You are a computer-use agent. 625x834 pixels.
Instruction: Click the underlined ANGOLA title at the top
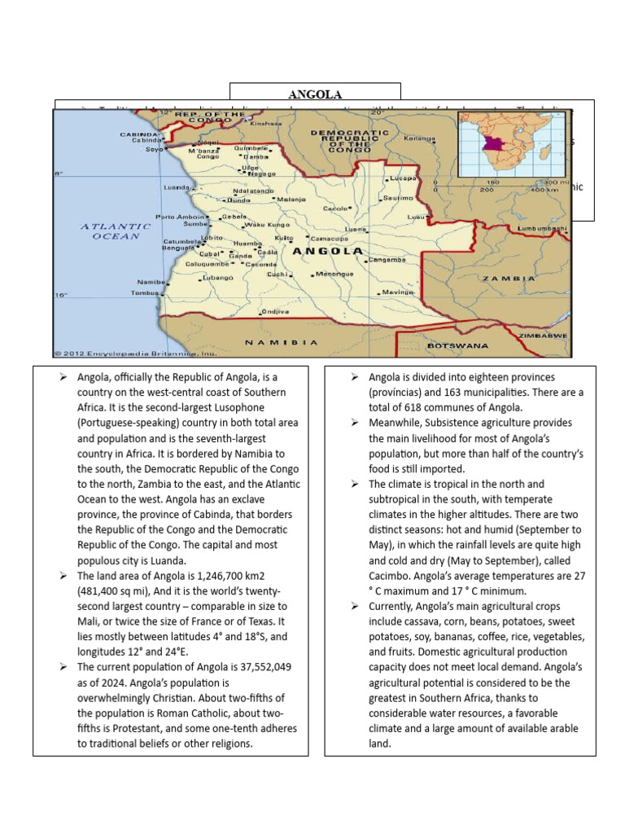[315, 94]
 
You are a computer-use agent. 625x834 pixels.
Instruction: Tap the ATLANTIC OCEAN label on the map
[116, 230]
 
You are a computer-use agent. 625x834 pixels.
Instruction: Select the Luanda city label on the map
[177, 187]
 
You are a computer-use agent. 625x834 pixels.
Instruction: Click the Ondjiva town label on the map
[275, 311]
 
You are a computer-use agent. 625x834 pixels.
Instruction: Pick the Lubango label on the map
[219, 277]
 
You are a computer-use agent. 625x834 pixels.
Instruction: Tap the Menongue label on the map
[334, 274]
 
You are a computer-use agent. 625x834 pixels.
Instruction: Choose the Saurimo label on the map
[398, 198]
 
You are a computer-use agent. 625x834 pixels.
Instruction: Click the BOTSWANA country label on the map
[457, 345]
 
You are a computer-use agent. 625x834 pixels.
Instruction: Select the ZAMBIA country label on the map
[507, 278]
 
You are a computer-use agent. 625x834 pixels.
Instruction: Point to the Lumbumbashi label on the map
[542, 229]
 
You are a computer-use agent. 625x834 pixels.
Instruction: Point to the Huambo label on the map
[247, 243]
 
